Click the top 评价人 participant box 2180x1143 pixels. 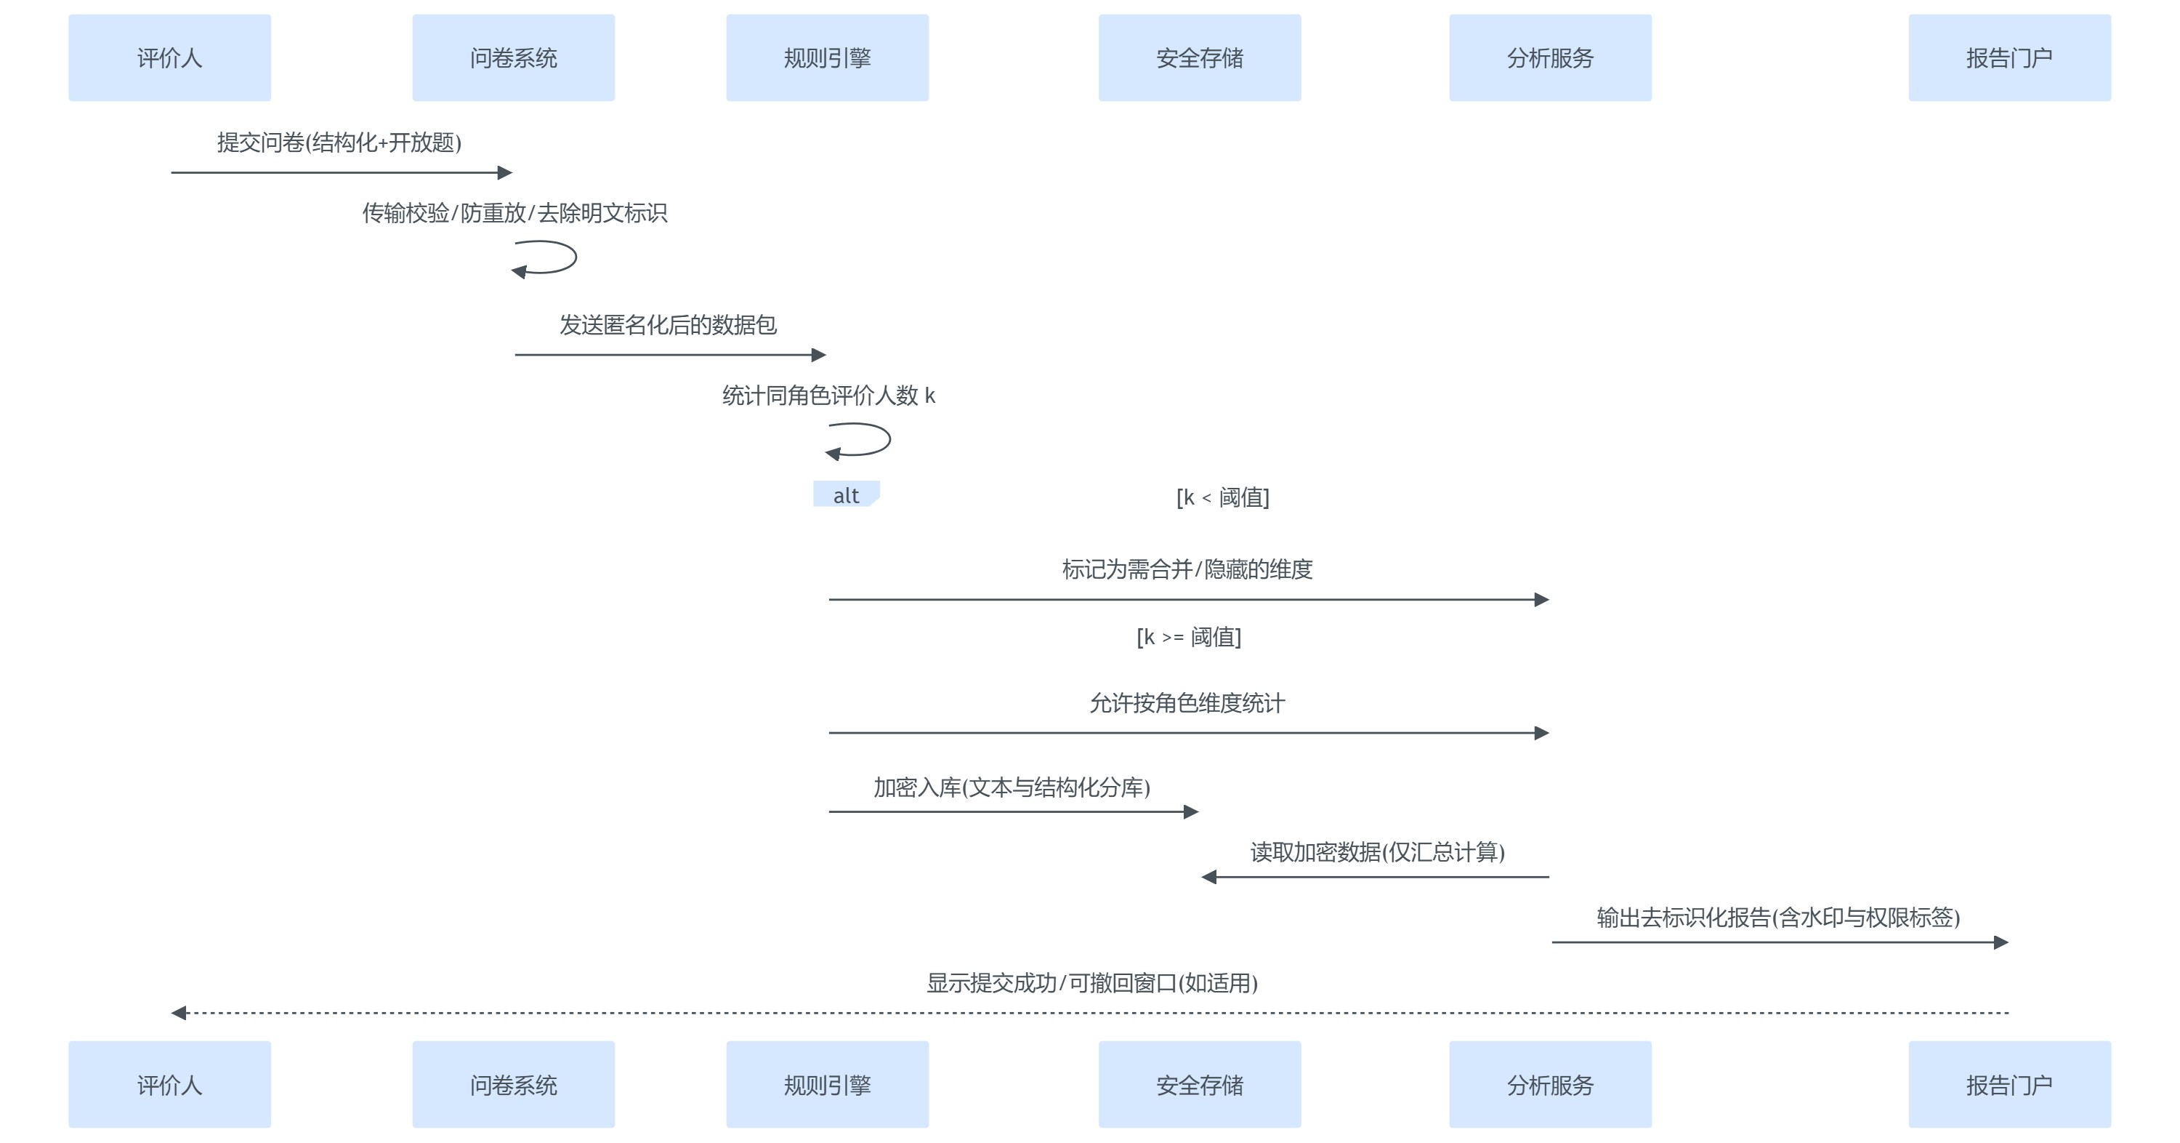tap(169, 57)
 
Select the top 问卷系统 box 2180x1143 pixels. tap(513, 57)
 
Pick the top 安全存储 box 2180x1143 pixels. tap(1199, 57)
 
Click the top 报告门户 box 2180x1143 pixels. tap(2009, 57)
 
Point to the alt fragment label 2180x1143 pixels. tap(845, 495)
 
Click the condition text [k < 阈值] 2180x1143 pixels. tap(1222, 497)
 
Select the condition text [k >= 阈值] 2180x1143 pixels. tap(1188, 637)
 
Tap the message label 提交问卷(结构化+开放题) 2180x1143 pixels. tap(339, 143)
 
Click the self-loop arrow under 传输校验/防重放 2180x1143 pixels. tap(546, 257)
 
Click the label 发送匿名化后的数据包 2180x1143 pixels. tap(668, 325)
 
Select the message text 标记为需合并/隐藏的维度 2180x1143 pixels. tap(1187, 569)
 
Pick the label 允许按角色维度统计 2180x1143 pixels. tap(1187, 702)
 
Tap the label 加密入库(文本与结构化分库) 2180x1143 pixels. tap(1012, 787)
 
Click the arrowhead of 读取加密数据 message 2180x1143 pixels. tap(1208, 877)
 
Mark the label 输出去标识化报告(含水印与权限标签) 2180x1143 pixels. tap(1778, 917)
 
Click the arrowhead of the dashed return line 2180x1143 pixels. tap(179, 1013)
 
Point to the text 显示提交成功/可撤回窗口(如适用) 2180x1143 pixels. tap(1091, 983)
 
